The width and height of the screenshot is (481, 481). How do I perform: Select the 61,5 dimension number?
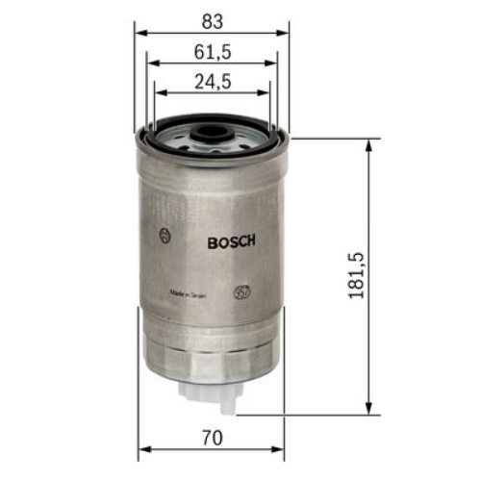[x=213, y=50]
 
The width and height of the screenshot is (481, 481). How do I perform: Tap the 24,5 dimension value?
[x=213, y=82]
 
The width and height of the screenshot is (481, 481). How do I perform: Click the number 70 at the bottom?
[x=213, y=438]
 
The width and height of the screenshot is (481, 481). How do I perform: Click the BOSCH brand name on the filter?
[x=231, y=242]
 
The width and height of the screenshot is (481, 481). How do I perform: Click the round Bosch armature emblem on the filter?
[x=165, y=234]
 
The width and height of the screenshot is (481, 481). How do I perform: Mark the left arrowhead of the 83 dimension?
[x=140, y=32]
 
